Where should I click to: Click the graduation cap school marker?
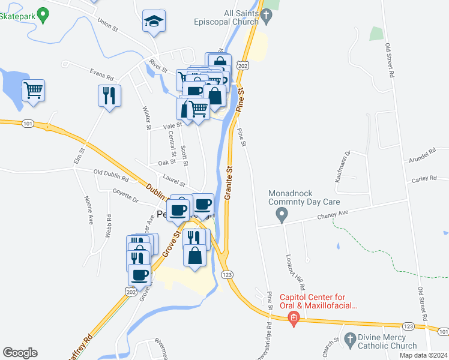[154, 22]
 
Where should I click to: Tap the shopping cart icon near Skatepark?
[34, 91]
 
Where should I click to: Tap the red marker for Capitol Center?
[294, 317]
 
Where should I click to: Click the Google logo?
[20, 353]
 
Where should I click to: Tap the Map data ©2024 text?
[423, 355]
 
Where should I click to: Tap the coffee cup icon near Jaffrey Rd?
[139, 275]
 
